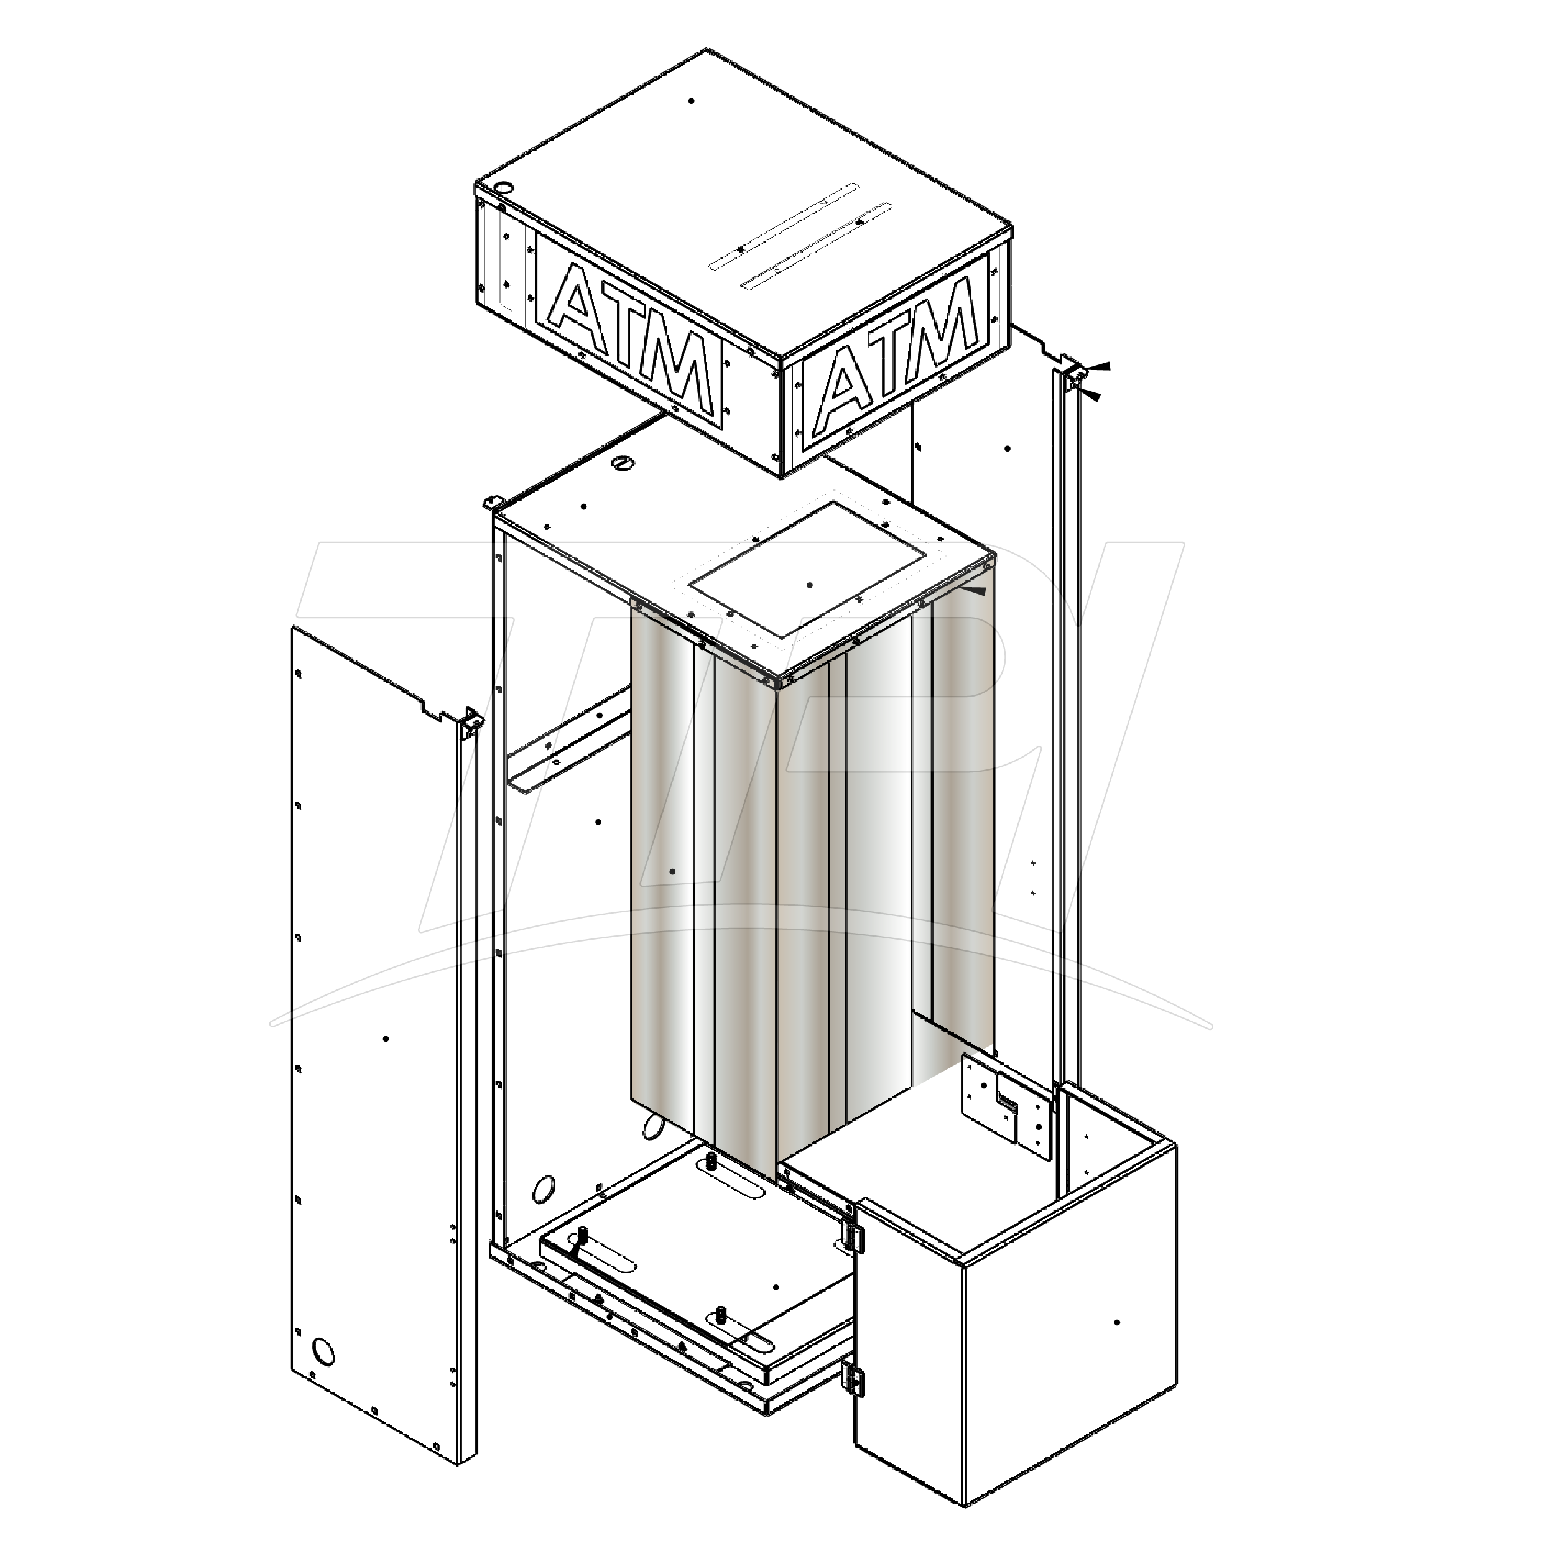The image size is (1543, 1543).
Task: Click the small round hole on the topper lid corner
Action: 504,188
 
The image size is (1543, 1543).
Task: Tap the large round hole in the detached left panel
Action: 323,1352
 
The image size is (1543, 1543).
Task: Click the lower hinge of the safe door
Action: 852,1378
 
